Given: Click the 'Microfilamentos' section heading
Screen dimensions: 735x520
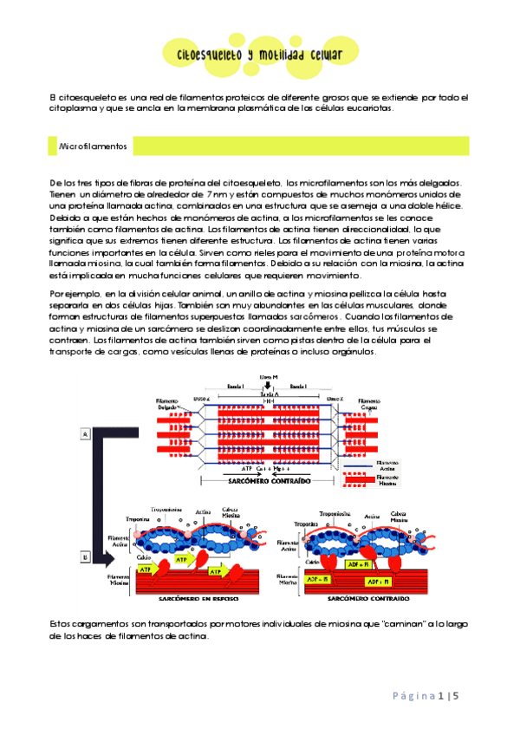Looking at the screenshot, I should (x=93, y=147).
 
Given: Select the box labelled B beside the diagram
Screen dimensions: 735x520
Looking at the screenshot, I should (x=86, y=557).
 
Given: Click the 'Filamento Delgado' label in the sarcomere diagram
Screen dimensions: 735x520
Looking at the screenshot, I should (x=166, y=405).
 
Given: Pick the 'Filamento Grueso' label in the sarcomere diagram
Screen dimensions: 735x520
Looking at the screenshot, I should (x=369, y=405).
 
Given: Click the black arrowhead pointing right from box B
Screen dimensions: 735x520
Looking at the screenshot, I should (x=120, y=556).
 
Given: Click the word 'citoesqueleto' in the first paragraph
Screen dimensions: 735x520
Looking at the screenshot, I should (x=82, y=97).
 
